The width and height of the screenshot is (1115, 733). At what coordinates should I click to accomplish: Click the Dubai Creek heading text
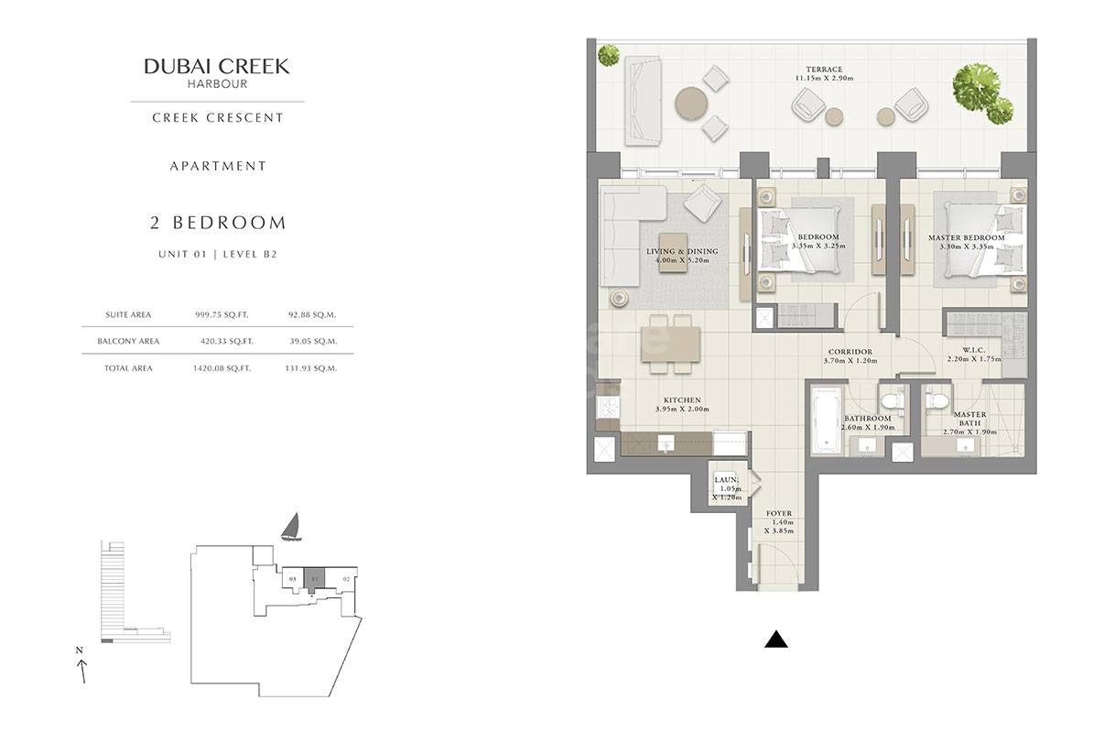tap(217, 66)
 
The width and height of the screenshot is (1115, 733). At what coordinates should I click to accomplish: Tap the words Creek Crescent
tap(217, 117)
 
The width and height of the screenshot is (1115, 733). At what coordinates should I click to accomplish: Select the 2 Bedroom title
tap(217, 223)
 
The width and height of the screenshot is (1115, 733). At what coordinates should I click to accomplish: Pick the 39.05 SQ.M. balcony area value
tap(310, 341)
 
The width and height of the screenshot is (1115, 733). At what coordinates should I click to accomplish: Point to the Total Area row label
tap(128, 367)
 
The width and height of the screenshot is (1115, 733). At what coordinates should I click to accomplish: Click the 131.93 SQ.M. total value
tap(310, 367)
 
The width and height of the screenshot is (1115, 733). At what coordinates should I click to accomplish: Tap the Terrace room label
tap(824, 69)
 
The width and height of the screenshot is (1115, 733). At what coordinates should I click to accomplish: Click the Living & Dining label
tap(682, 251)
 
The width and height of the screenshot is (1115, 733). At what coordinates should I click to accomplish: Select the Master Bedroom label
tap(966, 238)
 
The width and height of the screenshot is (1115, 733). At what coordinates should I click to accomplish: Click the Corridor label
tap(850, 351)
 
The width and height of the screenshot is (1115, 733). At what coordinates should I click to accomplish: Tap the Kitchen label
tap(682, 400)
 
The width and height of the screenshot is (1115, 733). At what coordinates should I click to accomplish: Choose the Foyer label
tap(779, 514)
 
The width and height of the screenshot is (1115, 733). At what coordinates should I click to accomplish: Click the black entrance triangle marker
tap(775, 640)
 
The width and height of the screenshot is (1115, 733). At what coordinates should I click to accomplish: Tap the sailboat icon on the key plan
tap(290, 526)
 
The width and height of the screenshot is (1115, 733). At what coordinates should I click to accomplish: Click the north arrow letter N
tap(80, 650)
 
